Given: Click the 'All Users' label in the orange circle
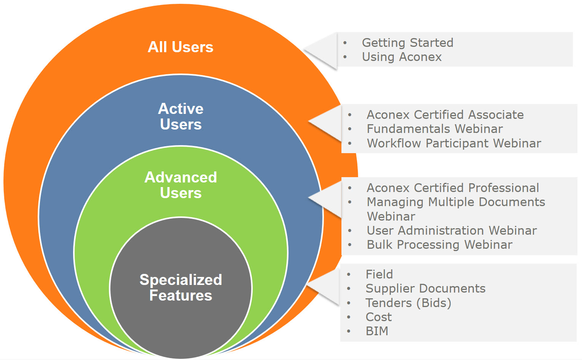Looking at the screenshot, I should [180, 47].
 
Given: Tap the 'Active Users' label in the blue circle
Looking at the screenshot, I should [181, 117].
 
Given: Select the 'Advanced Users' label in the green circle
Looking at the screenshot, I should [181, 185].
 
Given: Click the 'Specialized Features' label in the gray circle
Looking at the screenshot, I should [181, 288].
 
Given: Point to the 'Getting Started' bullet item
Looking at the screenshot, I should [407, 43].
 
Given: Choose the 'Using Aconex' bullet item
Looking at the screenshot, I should [402, 57].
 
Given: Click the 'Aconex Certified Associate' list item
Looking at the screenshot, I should [445, 115].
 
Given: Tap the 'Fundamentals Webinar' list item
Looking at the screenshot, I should [435, 129].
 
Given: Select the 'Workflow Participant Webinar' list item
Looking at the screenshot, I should [454, 143].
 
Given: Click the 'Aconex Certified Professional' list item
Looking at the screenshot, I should [453, 188].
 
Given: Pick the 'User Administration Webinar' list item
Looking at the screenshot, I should [451, 230].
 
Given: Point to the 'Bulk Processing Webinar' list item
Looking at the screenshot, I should [439, 245].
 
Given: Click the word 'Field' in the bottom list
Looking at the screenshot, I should [379, 274].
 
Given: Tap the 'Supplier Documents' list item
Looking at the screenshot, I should [425, 289].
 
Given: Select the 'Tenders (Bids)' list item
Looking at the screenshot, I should [408, 303].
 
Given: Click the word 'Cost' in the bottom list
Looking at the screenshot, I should [378, 317].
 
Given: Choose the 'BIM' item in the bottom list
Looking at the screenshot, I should [377, 331].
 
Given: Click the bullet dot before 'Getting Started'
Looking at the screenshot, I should [345, 43].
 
